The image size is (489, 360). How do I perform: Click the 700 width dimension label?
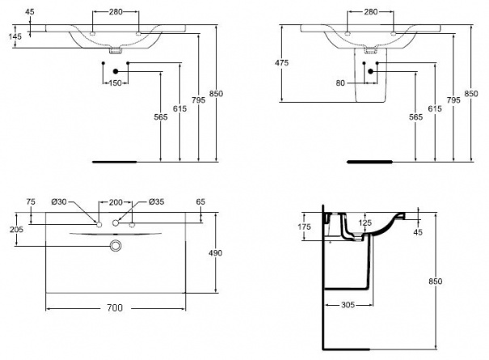click(115, 308)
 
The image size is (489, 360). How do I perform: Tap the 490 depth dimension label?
click(215, 252)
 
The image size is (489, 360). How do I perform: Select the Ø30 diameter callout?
click(59, 201)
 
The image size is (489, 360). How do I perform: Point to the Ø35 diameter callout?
click(157, 201)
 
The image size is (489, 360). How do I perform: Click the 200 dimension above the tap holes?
click(116, 202)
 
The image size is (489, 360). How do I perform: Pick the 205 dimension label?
click(16, 230)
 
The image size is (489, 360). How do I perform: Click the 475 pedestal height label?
click(281, 63)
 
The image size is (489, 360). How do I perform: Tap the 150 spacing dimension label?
click(115, 83)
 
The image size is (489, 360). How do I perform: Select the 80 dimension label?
click(340, 83)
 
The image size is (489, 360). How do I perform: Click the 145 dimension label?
click(15, 36)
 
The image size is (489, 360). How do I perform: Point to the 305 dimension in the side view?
click(348, 304)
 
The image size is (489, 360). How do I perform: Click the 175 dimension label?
click(304, 227)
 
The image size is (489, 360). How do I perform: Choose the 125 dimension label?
click(365, 222)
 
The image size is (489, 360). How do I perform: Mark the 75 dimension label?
click(31, 201)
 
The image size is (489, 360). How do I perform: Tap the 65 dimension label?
click(200, 201)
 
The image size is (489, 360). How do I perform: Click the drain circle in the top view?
click(116, 246)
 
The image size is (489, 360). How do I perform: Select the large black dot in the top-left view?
click(116, 71)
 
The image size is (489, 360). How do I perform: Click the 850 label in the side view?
click(435, 282)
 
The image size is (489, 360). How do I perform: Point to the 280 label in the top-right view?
click(370, 12)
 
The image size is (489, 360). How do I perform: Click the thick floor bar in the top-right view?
click(370, 162)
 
